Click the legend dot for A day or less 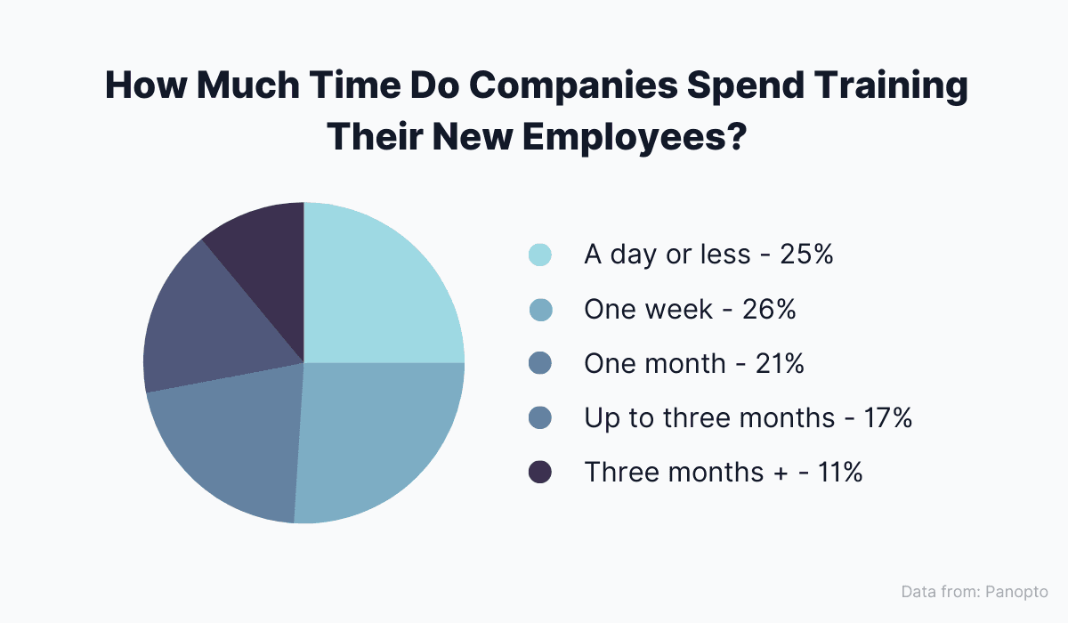tap(540, 255)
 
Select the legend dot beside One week tap(540, 310)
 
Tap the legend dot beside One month tap(540, 364)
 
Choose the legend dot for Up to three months tap(540, 418)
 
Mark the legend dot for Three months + tap(540, 473)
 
